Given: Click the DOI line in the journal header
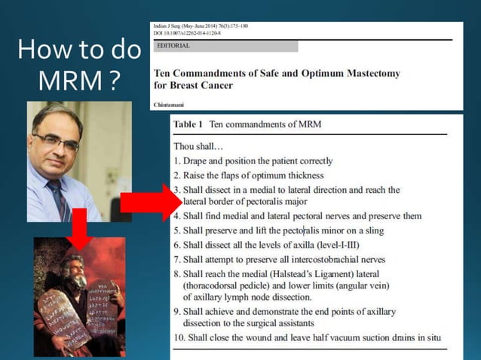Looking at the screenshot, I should tap(189, 32).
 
